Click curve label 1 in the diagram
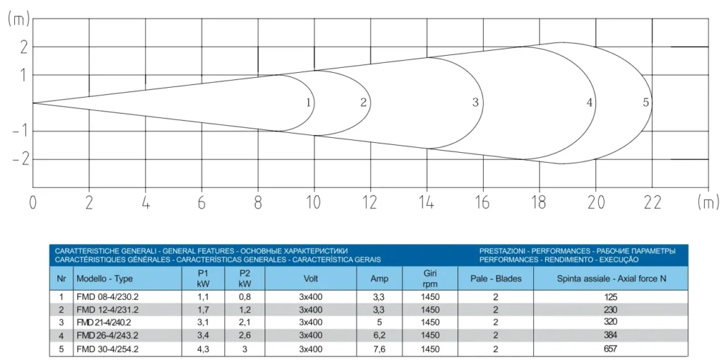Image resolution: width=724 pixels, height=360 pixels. (308, 103)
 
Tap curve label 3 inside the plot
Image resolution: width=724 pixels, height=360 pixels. (475, 103)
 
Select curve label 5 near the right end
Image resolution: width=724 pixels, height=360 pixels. (646, 103)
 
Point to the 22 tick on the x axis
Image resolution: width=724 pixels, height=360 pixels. (652, 204)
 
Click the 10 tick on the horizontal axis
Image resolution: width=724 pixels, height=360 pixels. (314, 204)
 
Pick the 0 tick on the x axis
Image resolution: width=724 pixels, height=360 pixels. (33, 204)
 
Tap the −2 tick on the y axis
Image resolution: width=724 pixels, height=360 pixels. (19, 159)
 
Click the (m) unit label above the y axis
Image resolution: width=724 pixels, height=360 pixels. (18, 20)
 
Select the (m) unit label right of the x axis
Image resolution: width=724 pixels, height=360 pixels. (707, 203)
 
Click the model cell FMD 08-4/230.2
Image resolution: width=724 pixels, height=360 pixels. (107, 297)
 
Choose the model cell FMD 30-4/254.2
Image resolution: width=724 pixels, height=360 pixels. (107, 349)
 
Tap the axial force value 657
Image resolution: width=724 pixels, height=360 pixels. (610, 349)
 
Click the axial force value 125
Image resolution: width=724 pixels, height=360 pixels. (610, 297)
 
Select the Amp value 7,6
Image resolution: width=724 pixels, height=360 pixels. (379, 349)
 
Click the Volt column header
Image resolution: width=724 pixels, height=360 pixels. (310, 279)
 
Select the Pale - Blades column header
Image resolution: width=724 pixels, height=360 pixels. (496, 279)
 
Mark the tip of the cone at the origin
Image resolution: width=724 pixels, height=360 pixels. (33, 103)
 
